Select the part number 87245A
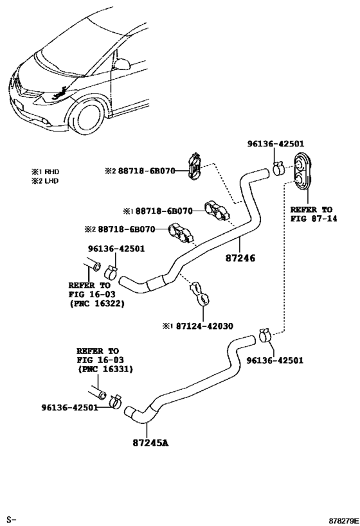click(x=147, y=443)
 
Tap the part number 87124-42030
click(x=204, y=326)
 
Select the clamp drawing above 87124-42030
click(x=200, y=294)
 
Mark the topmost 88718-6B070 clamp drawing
click(x=196, y=166)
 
